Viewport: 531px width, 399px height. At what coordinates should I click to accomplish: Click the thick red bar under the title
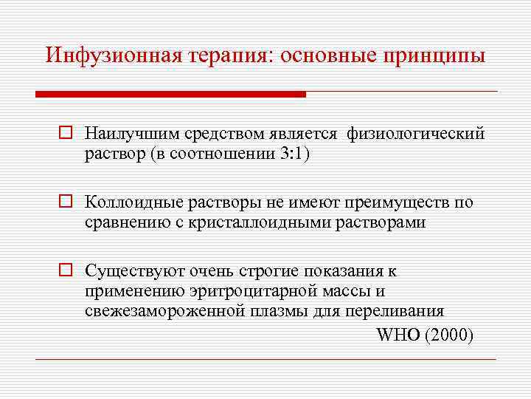coord(170,95)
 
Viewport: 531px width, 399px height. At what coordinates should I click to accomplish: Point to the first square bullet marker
coord(65,134)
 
